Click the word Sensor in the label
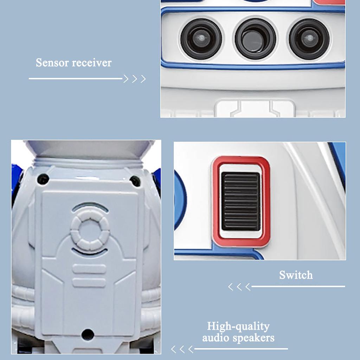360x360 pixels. (x=53, y=63)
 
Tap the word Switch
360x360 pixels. (x=296, y=275)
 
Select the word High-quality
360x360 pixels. (x=238, y=326)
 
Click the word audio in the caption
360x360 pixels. (x=215, y=338)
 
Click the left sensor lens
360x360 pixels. (x=201, y=38)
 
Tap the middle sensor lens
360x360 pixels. (x=255, y=38)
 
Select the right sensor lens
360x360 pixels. (x=309, y=38)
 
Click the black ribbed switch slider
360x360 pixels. (x=241, y=201)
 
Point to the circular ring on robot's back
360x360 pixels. (x=90, y=229)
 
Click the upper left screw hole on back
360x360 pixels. (x=43, y=179)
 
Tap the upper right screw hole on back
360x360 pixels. (x=135, y=181)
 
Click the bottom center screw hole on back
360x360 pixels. (x=88, y=334)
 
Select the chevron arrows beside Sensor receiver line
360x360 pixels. (x=135, y=79)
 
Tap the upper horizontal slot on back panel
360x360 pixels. (x=89, y=269)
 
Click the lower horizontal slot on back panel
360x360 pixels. (x=89, y=282)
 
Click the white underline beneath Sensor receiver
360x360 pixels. (x=76, y=79)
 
